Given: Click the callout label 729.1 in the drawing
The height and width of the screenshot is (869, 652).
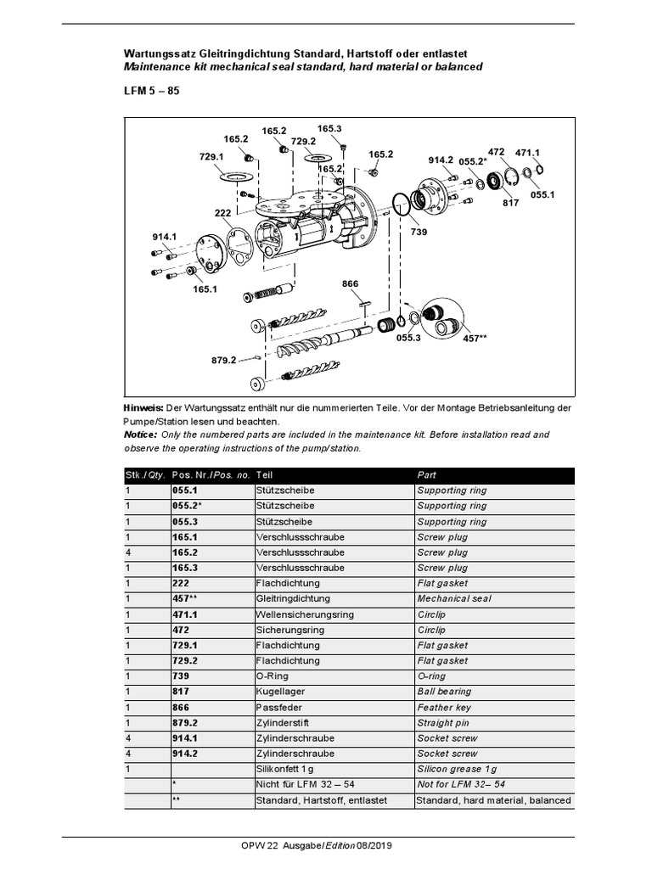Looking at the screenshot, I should tap(211, 157).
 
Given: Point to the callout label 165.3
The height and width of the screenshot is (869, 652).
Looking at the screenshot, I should tap(329, 129).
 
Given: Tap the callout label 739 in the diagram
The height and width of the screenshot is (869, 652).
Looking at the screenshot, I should tap(419, 231).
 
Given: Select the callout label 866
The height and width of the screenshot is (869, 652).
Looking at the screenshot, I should tap(351, 283).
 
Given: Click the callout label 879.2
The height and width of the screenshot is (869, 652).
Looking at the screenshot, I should tap(224, 360).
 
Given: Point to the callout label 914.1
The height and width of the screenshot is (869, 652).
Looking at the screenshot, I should tap(164, 237).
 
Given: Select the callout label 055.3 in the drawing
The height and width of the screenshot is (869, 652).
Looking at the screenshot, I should tap(407, 337).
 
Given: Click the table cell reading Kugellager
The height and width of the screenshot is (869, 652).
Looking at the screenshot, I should tap(278, 692).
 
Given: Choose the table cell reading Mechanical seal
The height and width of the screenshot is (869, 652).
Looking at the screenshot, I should tap(454, 598).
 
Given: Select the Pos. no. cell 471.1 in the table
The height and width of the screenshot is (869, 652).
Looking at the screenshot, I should tap(186, 614).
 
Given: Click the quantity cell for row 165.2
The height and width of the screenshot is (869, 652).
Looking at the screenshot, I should tap(128, 552).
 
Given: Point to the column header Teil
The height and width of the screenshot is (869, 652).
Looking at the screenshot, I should tap(264, 474).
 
